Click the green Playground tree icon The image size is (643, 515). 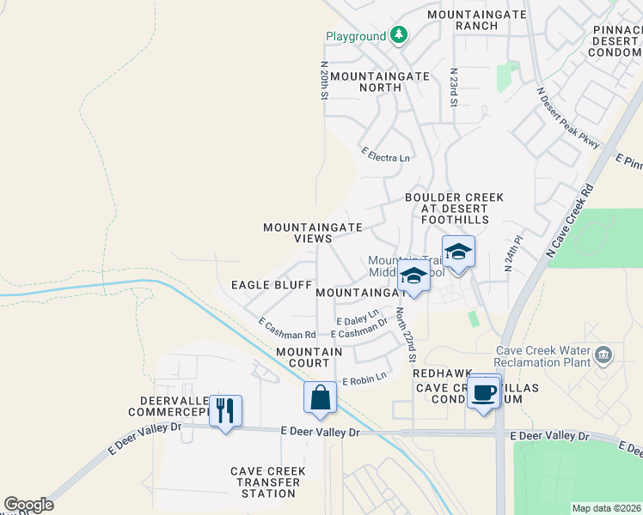tap(398, 35)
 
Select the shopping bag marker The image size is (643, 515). tap(320, 397)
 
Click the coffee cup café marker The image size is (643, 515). tap(484, 391)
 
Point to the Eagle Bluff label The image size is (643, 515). tap(264, 285)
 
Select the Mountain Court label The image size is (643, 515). tap(309, 358)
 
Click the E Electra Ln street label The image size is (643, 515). tap(385, 158)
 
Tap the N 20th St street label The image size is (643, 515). tap(324, 81)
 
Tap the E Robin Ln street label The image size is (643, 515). tap(364, 379)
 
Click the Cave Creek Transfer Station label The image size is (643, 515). tap(265, 482)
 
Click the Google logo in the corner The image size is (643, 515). tap(28, 505)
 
